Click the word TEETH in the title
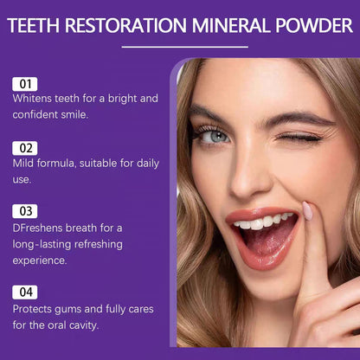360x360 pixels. tap(38, 21)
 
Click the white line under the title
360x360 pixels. tap(184, 46)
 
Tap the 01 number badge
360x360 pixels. tap(24, 84)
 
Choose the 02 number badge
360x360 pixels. tap(24, 147)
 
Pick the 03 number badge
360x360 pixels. tap(24, 210)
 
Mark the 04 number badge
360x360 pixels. tap(24, 292)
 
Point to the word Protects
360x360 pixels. tap(35, 309)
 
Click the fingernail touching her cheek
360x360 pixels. tap(307, 210)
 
